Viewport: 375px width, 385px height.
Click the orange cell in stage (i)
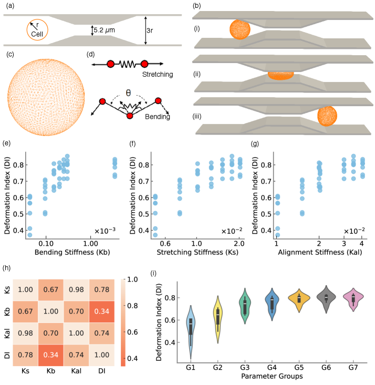click(x=241, y=29)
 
